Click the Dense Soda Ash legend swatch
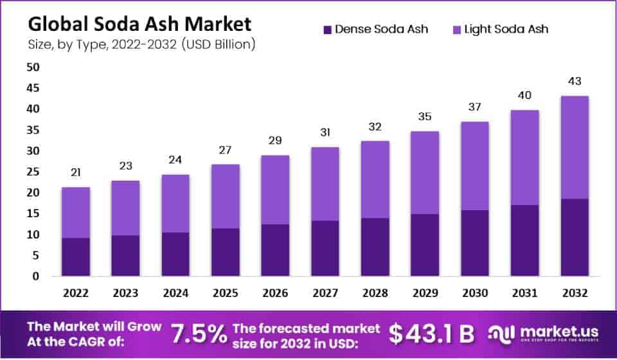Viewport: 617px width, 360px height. coord(327,29)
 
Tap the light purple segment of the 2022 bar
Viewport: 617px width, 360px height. coord(76,212)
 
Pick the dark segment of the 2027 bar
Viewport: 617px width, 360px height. coord(325,248)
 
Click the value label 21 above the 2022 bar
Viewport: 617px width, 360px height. coord(76,173)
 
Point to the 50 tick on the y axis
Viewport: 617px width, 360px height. coord(33,67)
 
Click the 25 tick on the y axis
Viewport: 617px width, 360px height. coord(33,172)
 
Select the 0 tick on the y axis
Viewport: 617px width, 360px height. coord(36,276)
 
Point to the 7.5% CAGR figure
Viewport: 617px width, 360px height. coord(199,333)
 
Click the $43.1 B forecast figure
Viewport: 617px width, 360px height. coord(432,333)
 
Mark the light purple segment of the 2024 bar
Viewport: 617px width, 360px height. coord(175,203)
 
